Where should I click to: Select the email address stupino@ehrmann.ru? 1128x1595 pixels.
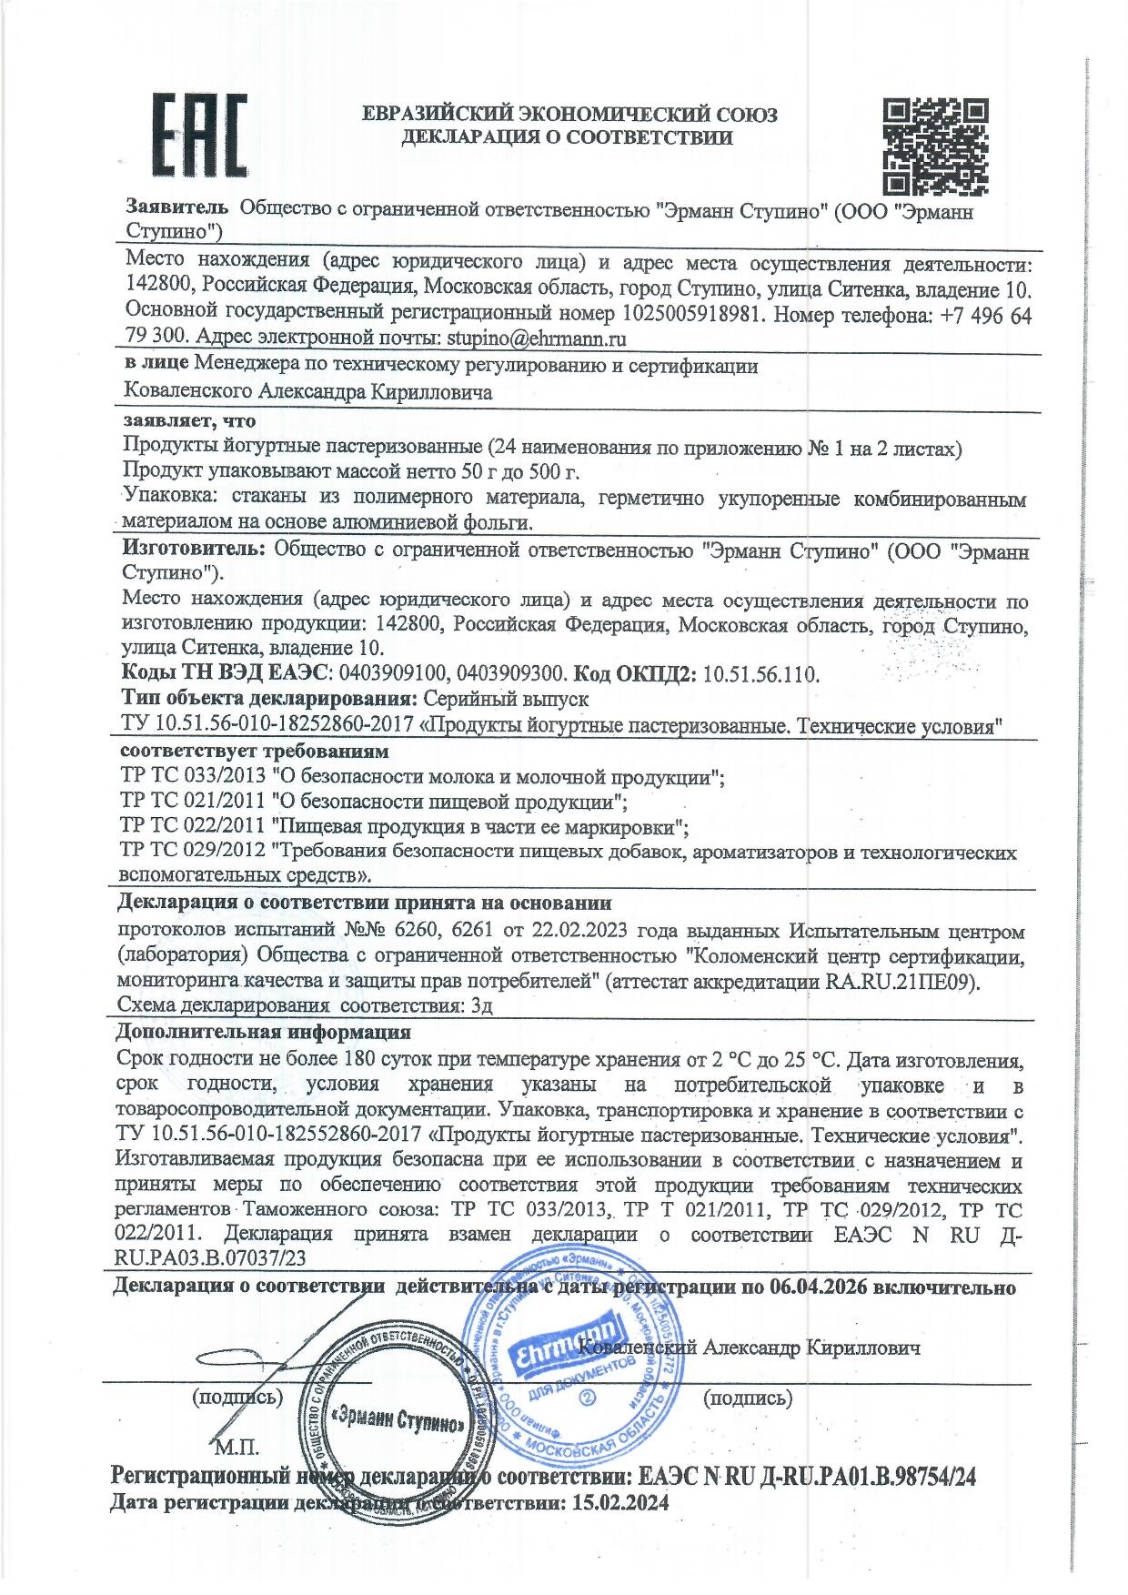point(525,338)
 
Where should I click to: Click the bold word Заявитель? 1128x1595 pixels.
point(176,208)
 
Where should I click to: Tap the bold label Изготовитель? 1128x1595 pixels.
point(194,550)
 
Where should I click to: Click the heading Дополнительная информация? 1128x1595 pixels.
point(263,1033)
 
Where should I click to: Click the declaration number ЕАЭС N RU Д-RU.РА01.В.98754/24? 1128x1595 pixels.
point(808,1476)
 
